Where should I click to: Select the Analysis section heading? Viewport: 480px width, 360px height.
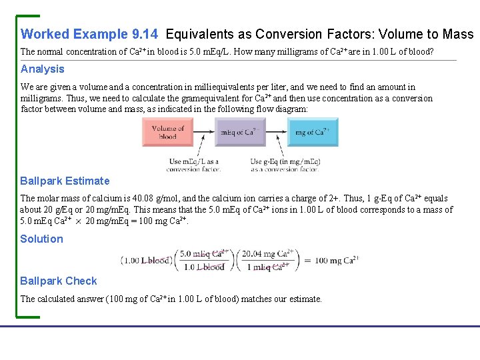click(x=43, y=69)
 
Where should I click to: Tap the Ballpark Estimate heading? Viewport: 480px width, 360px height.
click(x=65, y=181)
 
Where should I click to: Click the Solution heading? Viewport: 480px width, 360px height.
click(x=41, y=239)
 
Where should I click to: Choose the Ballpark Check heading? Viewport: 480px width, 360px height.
click(x=58, y=281)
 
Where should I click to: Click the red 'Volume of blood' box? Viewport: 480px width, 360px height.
click(x=168, y=132)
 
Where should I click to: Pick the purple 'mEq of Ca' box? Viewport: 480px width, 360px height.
click(x=241, y=132)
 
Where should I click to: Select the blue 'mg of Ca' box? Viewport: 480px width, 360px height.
click(x=313, y=132)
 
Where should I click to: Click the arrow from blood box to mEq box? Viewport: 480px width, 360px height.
click(x=204, y=132)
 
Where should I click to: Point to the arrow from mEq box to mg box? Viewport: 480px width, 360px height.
click(x=277, y=132)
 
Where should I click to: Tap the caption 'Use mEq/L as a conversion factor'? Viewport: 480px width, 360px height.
click(x=194, y=165)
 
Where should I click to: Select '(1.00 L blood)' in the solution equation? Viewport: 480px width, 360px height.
click(x=147, y=261)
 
